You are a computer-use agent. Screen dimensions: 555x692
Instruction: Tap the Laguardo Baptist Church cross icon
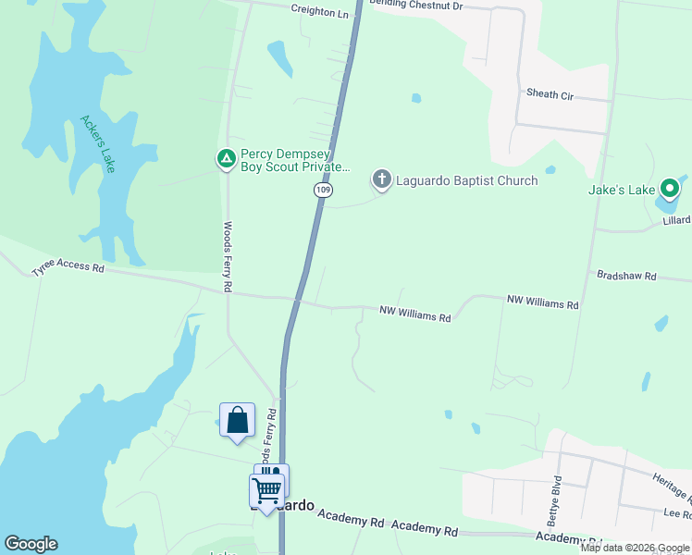381,179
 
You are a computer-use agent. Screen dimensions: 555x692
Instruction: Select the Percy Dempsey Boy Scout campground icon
226,159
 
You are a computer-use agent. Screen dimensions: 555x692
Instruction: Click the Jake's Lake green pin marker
670,190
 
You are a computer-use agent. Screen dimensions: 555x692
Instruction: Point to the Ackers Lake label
97,143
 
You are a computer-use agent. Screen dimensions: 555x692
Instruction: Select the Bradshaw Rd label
625,276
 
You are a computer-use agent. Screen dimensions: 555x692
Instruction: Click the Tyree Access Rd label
68,269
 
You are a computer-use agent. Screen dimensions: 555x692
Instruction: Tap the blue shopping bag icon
237,420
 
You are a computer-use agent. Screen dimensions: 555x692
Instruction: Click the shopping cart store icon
266,489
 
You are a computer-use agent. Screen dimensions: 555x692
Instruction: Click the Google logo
31,544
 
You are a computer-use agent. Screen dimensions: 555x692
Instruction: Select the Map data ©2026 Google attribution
634,548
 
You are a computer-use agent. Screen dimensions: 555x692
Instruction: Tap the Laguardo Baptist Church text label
466,180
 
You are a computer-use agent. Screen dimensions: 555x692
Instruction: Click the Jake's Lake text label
622,190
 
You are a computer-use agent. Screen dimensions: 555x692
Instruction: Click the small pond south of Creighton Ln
278,57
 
